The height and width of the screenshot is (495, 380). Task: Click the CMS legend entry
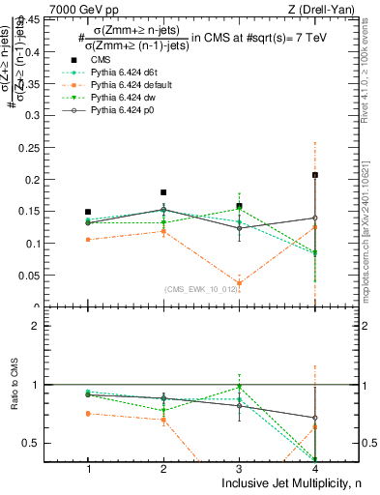pos(101,60)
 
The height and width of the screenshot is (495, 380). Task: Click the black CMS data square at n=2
pos(163,192)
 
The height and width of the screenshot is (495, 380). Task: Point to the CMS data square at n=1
pos(88,212)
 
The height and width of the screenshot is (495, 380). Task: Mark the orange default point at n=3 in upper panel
pos(239,283)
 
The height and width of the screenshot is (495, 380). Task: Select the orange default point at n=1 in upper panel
pos(88,239)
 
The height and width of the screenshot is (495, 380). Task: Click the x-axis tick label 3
pos(239,468)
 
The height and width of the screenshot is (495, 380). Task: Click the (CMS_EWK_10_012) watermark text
pos(200,289)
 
